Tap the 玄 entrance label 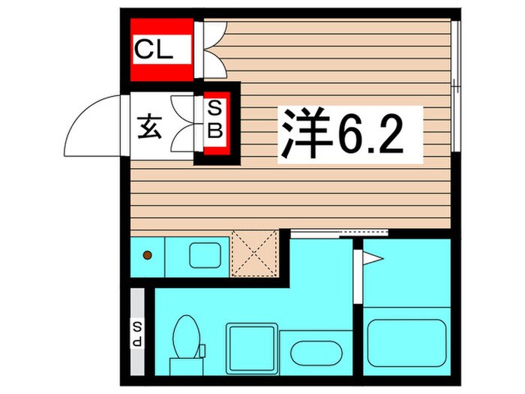click(147, 126)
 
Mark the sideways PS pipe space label click(138, 331)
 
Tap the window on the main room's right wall click(457, 87)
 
